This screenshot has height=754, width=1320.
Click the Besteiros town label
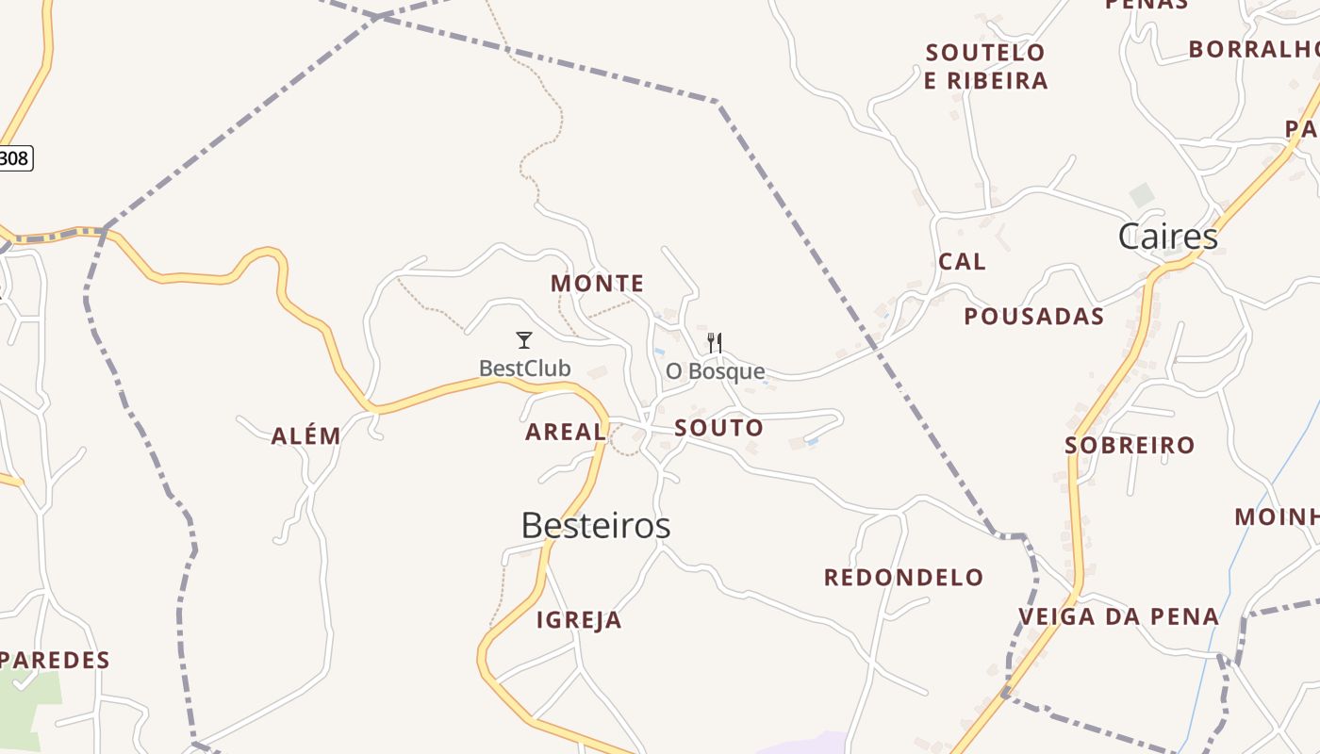[x=595, y=526]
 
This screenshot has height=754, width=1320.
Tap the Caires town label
[x=1167, y=237]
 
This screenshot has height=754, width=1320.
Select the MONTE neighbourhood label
[x=598, y=284]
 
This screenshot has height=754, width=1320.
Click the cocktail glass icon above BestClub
[x=524, y=340]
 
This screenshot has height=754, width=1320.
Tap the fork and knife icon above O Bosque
[x=715, y=342]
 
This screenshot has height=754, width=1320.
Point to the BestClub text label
[x=524, y=369]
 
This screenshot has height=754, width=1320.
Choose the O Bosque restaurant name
[x=715, y=371]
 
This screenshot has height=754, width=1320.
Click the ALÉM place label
[x=305, y=436]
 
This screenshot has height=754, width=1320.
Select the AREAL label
[x=566, y=433]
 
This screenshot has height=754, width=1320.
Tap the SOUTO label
[x=718, y=428]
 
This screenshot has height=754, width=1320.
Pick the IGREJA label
[x=579, y=620]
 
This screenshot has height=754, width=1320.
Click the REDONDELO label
[x=903, y=578]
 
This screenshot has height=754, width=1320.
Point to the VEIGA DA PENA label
[x=1118, y=617]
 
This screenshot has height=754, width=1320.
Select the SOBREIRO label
[x=1130, y=445]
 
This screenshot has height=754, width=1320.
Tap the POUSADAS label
[x=1033, y=317]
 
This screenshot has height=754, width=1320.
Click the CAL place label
[x=962, y=262]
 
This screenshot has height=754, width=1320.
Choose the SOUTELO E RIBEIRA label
[x=985, y=67]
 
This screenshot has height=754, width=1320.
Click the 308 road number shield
[x=14, y=158]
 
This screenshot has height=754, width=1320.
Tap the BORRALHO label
[x=1253, y=49]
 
